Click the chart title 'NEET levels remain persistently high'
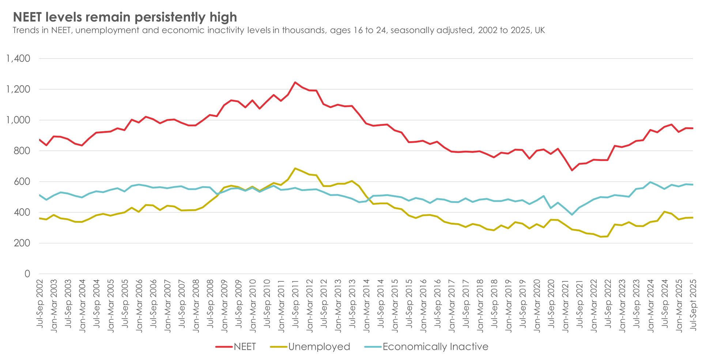click(125, 17)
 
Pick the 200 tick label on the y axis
click(22, 243)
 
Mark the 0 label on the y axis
click(27, 274)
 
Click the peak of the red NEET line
click(295, 82)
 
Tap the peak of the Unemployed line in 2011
click(295, 168)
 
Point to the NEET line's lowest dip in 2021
click(572, 170)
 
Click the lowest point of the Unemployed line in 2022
click(601, 237)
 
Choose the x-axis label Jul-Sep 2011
click(295, 304)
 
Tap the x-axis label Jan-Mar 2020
click(537, 305)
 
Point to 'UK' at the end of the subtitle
click(540, 30)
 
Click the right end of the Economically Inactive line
click(692, 184)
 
